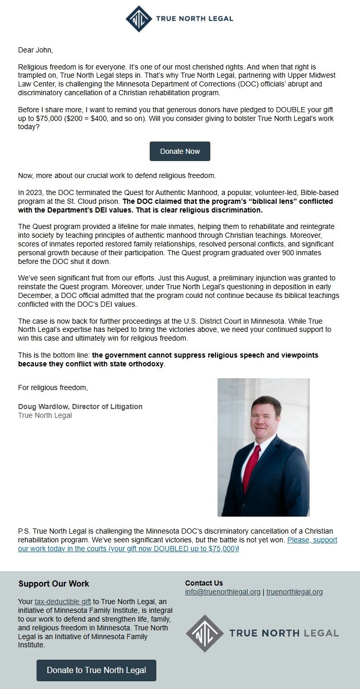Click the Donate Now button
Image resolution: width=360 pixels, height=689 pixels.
click(179, 151)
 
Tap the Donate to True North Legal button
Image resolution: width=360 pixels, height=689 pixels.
click(96, 670)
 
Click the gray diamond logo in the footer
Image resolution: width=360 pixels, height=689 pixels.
click(205, 633)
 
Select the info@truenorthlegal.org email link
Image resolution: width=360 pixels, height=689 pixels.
click(223, 592)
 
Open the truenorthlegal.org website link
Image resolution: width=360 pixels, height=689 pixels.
click(294, 592)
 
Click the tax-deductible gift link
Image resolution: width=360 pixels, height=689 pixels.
click(63, 602)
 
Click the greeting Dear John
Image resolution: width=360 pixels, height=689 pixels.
click(35, 50)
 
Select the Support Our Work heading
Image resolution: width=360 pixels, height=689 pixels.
click(53, 584)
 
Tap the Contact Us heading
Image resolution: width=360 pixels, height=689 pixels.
click(204, 583)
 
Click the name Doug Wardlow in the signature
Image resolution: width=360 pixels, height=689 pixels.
click(43, 407)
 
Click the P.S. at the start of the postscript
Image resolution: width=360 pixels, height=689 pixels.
click(24, 531)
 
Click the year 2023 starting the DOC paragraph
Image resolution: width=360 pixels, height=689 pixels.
click(34, 192)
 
